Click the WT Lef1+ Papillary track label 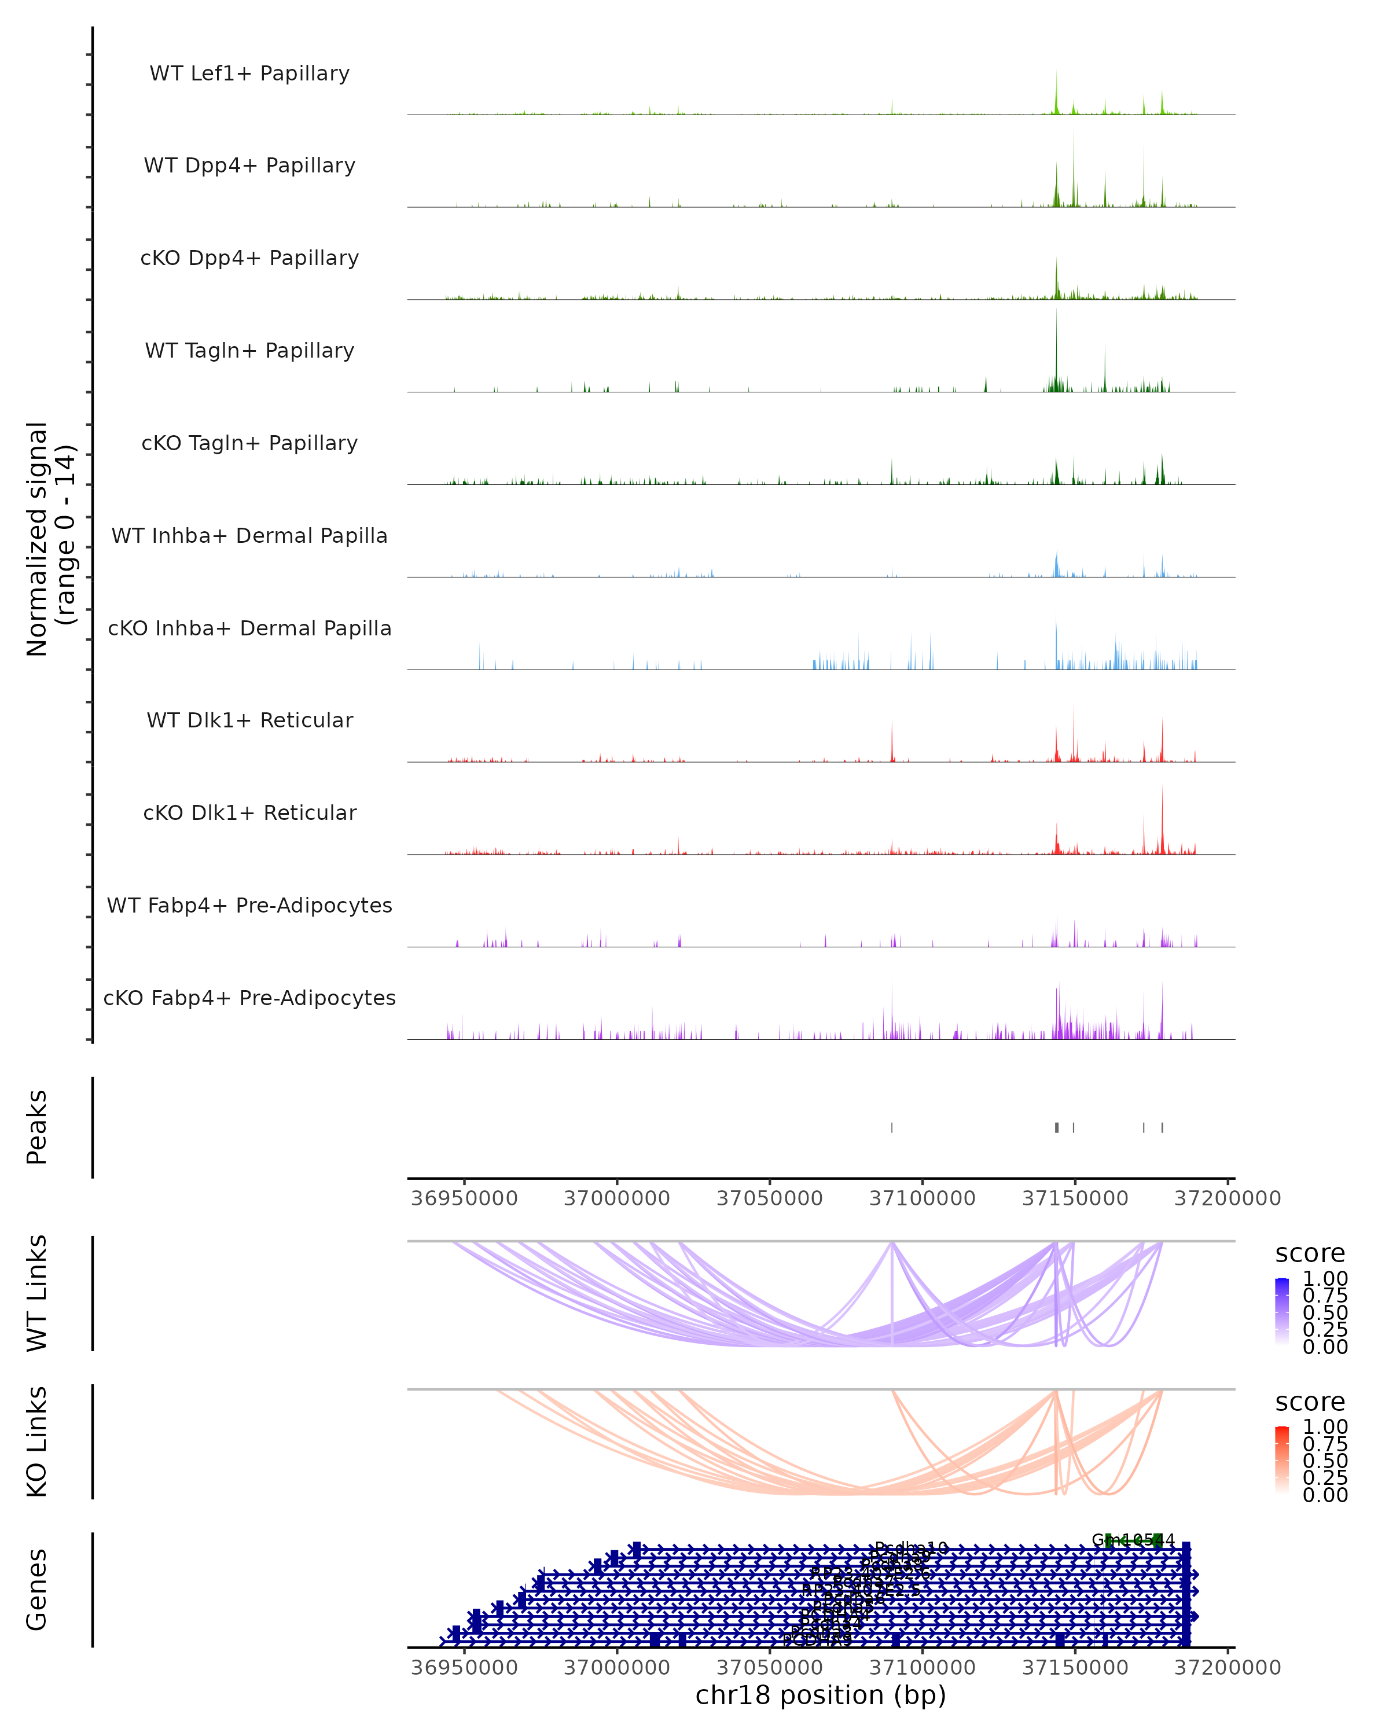249,73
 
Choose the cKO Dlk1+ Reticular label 249,812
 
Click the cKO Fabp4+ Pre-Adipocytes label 249,998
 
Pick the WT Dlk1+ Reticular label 249,720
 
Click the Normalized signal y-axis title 50,539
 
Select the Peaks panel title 37,1127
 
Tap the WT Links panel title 37,1292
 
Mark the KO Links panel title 37,1441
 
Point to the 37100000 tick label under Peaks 922,1198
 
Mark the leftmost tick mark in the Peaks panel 891,1127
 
